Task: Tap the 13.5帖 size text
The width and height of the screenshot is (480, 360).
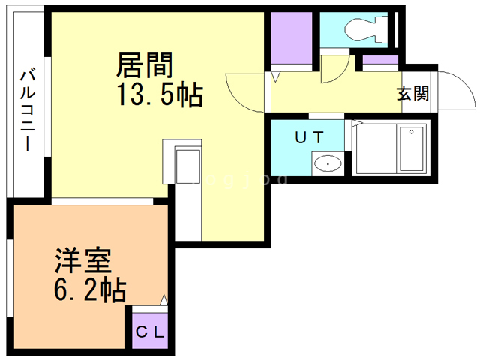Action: click(159, 95)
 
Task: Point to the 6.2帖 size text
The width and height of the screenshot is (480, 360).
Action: click(89, 289)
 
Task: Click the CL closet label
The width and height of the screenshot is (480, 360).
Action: click(151, 330)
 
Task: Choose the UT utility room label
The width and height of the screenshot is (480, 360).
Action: click(308, 137)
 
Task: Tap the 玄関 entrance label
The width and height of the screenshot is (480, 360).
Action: click(412, 94)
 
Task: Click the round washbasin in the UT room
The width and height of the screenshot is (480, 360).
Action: click(327, 162)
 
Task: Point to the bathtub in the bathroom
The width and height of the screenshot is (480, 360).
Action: click(411, 149)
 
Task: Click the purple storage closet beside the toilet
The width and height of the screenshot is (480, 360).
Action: click(291, 37)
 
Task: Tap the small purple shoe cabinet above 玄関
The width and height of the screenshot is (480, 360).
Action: click(381, 62)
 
